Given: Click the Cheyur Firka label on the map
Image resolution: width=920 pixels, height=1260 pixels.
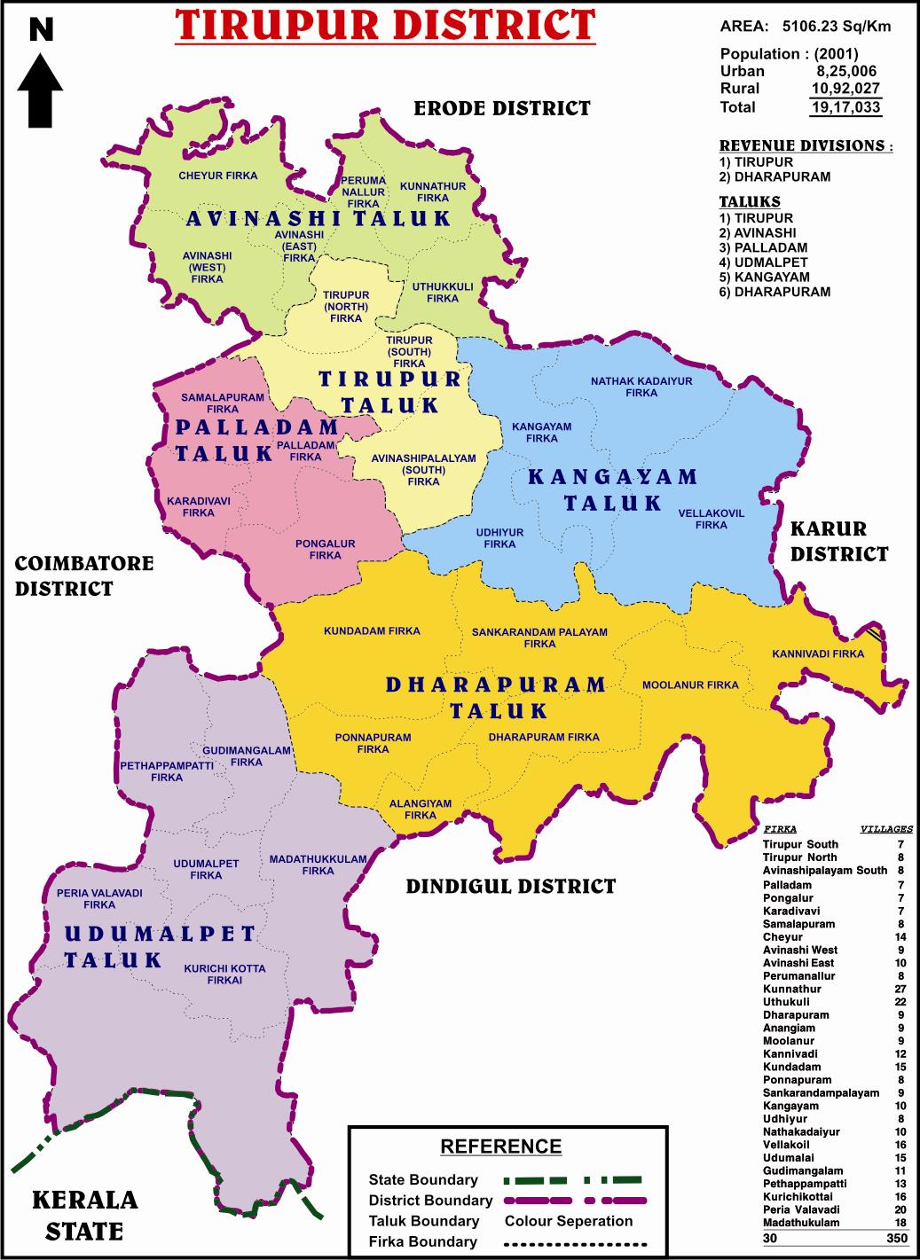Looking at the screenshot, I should coord(217,176).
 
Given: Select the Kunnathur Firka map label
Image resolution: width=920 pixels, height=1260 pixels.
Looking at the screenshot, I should coord(433,192).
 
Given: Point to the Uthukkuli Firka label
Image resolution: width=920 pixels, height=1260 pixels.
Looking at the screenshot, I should coord(442,293).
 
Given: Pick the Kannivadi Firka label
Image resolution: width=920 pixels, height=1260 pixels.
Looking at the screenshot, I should coord(817,653).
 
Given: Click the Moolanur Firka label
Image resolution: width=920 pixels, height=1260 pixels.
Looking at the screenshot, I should coord(690,685).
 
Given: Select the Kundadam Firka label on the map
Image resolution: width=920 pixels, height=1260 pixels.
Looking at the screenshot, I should coord(372,631).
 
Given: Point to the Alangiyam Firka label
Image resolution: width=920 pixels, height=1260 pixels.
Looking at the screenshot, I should coord(421,810).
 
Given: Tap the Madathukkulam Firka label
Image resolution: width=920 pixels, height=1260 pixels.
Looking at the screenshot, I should coord(318,865).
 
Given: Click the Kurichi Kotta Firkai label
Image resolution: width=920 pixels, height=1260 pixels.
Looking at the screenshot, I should coord(224,974).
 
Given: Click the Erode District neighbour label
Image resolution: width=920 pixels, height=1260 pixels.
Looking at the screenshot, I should coord(502,108).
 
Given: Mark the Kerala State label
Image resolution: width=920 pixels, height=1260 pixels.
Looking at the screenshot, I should coord(85,1215).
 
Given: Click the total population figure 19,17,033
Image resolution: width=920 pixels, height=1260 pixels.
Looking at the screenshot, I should coord(845,107).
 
